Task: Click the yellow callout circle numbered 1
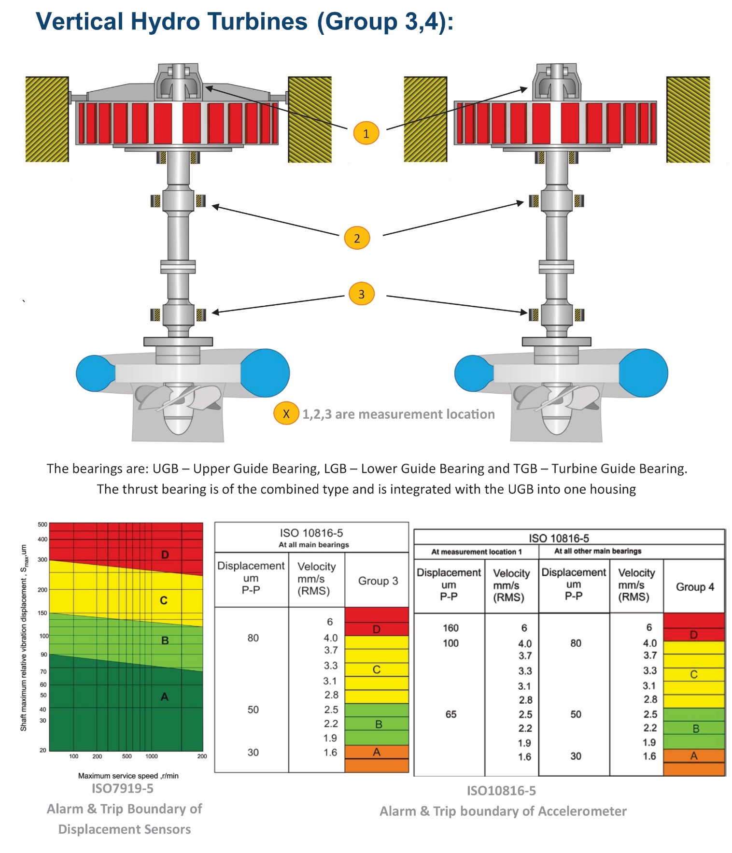(x=366, y=133)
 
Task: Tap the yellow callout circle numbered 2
(x=357, y=238)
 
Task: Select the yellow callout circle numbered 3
(x=361, y=294)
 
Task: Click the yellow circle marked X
(x=286, y=413)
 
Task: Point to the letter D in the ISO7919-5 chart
(x=165, y=554)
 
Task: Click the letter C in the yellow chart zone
(x=164, y=600)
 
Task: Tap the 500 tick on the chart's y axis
(x=42, y=525)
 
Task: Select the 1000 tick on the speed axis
(x=151, y=756)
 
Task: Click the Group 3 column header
(x=378, y=581)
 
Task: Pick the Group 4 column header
(x=695, y=587)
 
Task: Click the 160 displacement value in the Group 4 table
(x=450, y=628)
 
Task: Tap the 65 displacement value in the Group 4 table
(x=451, y=714)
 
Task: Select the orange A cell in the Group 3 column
(x=377, y=752)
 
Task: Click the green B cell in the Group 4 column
(x=696, y=728)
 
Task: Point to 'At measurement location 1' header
(x=476, y=552)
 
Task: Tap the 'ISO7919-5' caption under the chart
(x=123, y=788)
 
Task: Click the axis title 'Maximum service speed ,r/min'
(x=128, y=776)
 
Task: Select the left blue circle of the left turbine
(x=95, y=373)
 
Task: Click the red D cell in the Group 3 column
(x=377, y=629)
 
